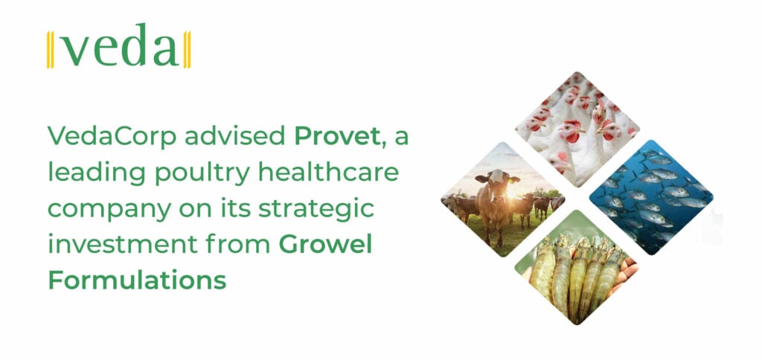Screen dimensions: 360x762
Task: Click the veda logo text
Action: pos(119,50)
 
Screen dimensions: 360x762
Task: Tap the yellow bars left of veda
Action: pos(50,50)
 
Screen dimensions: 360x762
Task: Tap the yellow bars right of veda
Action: pos(187,50)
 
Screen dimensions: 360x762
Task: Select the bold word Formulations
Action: pos(137,281)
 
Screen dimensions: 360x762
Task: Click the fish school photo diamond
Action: pos(650,197)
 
